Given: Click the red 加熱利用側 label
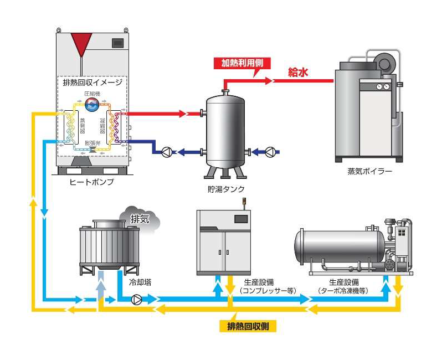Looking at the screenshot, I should pos(243,63).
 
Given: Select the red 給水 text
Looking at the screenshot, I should pos(298,72).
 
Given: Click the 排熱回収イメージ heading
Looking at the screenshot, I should pos(93,82).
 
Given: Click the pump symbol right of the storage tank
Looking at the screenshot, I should pos(270,152).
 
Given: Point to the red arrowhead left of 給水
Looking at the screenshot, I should pos(269,81).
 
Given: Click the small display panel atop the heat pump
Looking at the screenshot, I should pos(117,42).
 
